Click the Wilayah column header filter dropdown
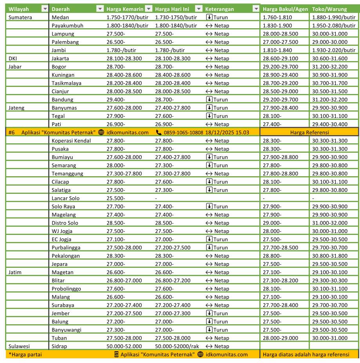coord(44,9)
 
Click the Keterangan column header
coord(219,9)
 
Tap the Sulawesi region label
coord(19,346)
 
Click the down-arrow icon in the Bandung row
coord(209,99)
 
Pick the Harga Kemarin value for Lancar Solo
coord(116,198)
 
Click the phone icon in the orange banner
coord(159,132)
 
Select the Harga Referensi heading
coord(309,132)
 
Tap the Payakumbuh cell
coord(67,25)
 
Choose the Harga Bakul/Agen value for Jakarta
coord(280,58)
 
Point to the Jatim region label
coord(16,272)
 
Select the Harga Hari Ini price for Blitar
coord(172,280)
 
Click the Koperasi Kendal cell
coord(71,141)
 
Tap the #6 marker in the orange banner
coord(11,132)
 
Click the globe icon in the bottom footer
coord(200,354)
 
